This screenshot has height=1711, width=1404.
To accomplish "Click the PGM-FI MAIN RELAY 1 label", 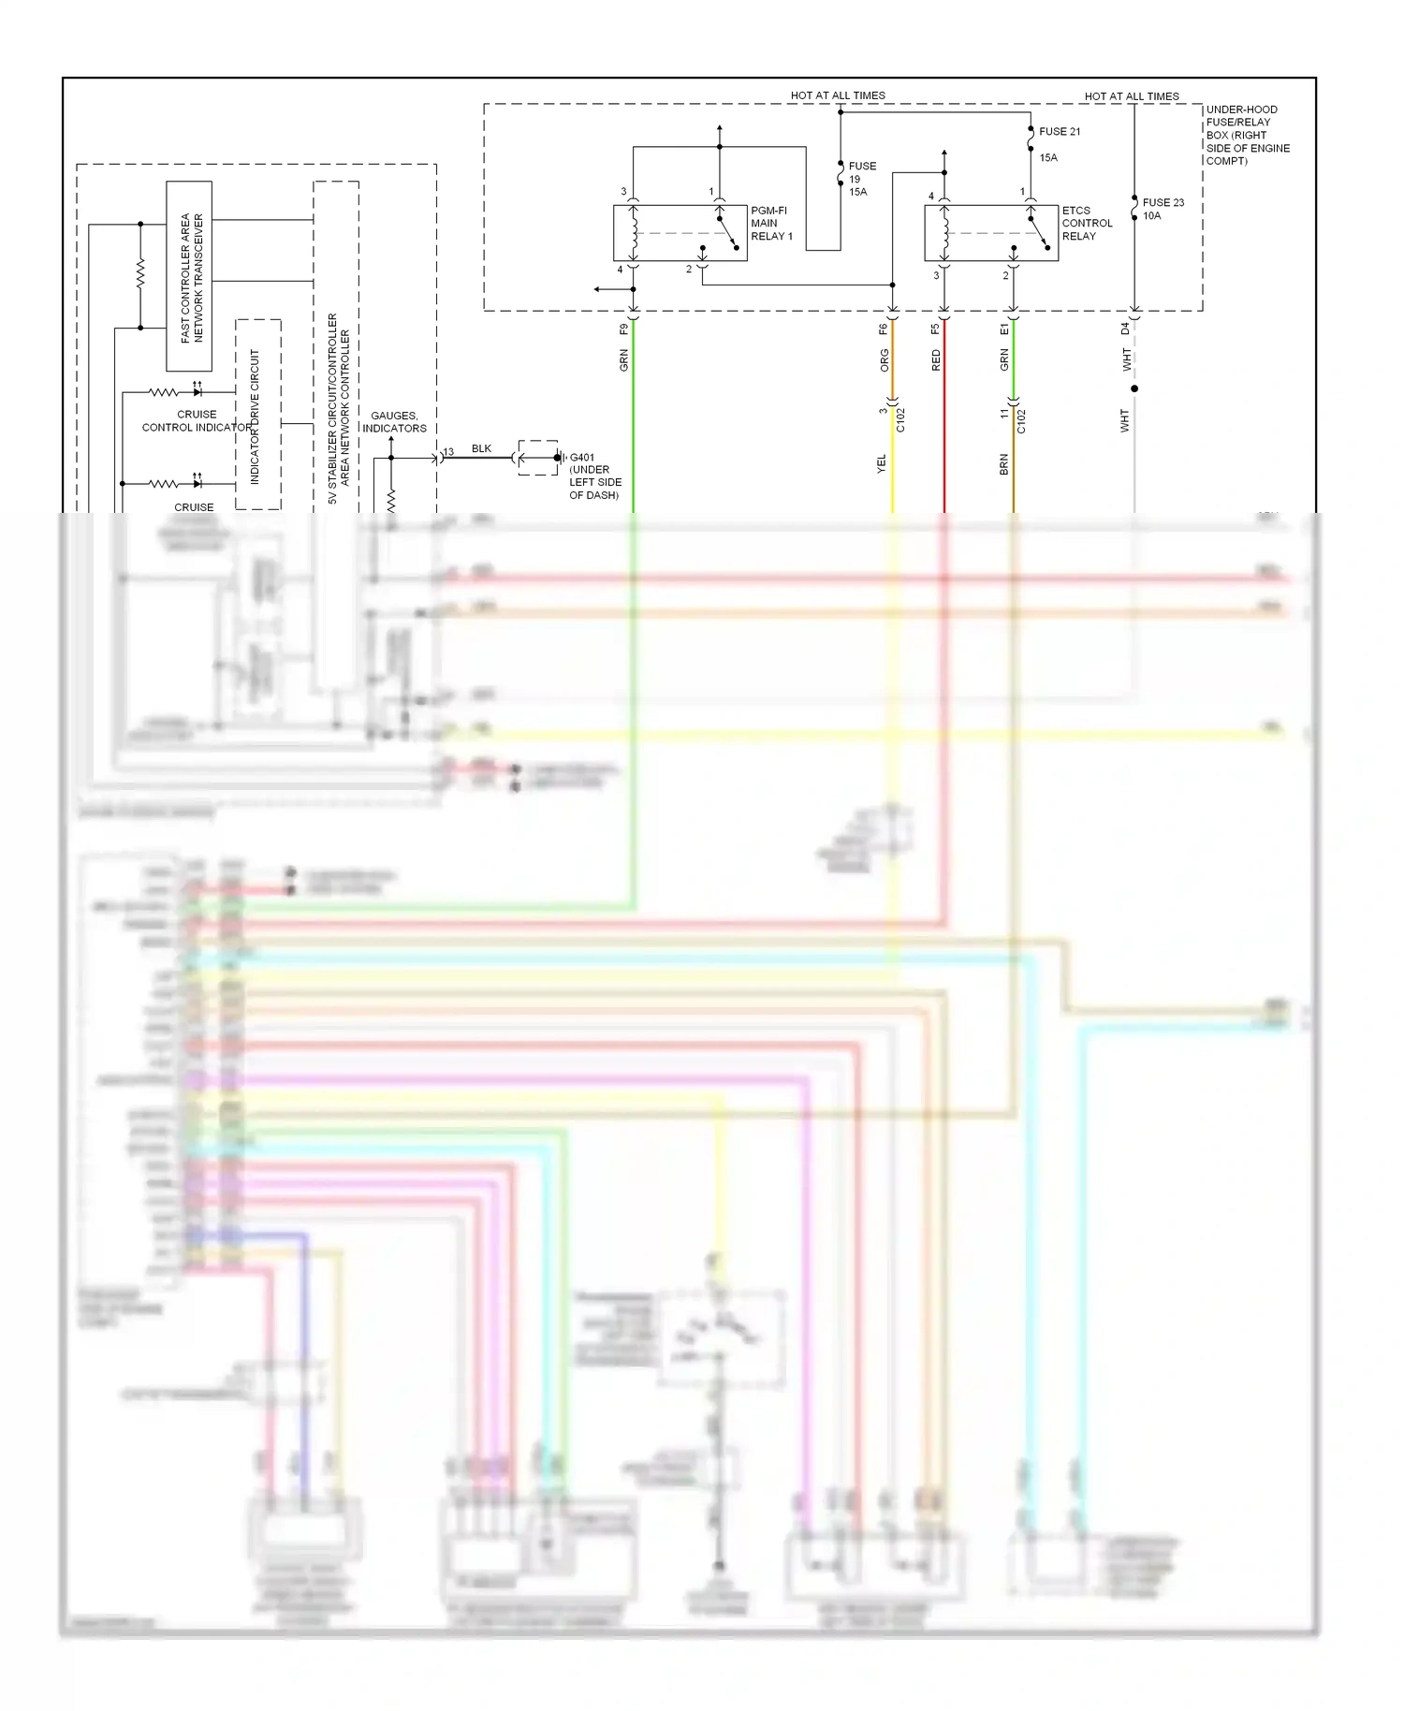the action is click(x=770, y=224).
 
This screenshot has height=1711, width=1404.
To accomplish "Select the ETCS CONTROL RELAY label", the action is click(x=1086, y=224).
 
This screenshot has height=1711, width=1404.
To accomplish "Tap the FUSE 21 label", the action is click(x=1059, y=132).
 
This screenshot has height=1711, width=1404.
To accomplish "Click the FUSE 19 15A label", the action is click(x=861, y=179).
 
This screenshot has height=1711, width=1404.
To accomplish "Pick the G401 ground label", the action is click(x=593, y=475).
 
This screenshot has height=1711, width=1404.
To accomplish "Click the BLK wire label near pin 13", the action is click(x=481, y=448).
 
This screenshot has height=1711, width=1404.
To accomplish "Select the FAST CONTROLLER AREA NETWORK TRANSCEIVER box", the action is click(x=189, y=276).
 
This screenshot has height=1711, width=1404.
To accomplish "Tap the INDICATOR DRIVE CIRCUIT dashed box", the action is click(x=257, y=415).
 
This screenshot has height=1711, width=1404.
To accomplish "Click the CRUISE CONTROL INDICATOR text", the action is click(x=197, y=420).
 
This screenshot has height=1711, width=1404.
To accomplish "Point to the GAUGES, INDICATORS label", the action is click(x=394, y=422).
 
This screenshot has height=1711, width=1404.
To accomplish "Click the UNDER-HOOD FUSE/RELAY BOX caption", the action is click(x=1246, y=135).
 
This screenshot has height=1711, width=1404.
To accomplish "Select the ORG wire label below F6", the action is click(x=884, y=360).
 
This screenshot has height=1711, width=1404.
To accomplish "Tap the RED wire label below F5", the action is click(x=935, y=360).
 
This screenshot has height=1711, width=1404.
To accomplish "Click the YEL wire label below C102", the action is click(x=881, y=464).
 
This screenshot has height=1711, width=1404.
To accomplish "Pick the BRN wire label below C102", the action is click(x=1003, y=464).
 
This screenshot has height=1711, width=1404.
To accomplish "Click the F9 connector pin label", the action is click(x=623, y=329).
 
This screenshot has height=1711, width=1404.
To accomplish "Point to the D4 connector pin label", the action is click(x=1125, y=329).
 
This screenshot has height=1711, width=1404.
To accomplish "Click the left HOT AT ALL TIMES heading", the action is click(x=837, y=95).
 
